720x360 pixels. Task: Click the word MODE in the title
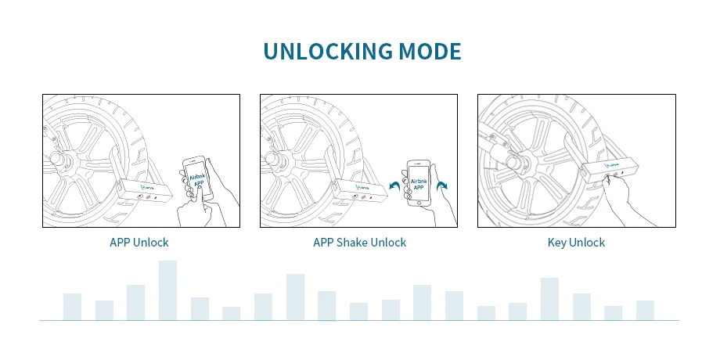[430, 52]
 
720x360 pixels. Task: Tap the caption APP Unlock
[139, 243]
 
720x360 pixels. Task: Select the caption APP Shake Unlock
[359, 243]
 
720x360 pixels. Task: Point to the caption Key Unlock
[576, 243]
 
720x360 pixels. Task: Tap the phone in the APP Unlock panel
[197, 185]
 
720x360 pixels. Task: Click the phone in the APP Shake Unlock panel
[419, 184]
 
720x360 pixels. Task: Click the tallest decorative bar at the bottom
[167, 290]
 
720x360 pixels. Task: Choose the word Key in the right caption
[556, 243]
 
